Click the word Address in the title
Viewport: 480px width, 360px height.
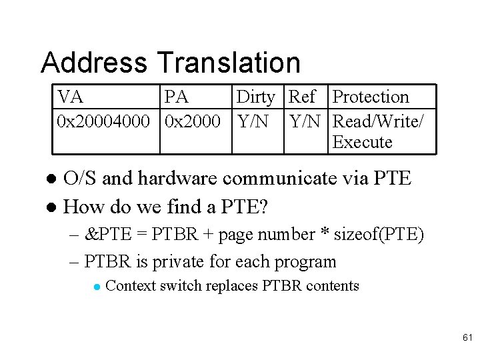coord(94,63)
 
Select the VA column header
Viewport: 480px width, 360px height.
coord(71,97)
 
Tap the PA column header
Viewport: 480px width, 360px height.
coord(177,97)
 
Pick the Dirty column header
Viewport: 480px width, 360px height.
coord(255,97)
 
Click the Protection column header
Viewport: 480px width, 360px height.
coord(370,97)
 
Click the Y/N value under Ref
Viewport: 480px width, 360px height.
coord(306,121)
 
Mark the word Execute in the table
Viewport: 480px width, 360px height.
coord(362,142)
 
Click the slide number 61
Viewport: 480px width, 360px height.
coord(466,339)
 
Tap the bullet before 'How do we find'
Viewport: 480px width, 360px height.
coord(55,207)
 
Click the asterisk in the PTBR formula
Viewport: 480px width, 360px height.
coord(325,235)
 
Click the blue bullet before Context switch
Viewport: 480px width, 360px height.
coord(97,287)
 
